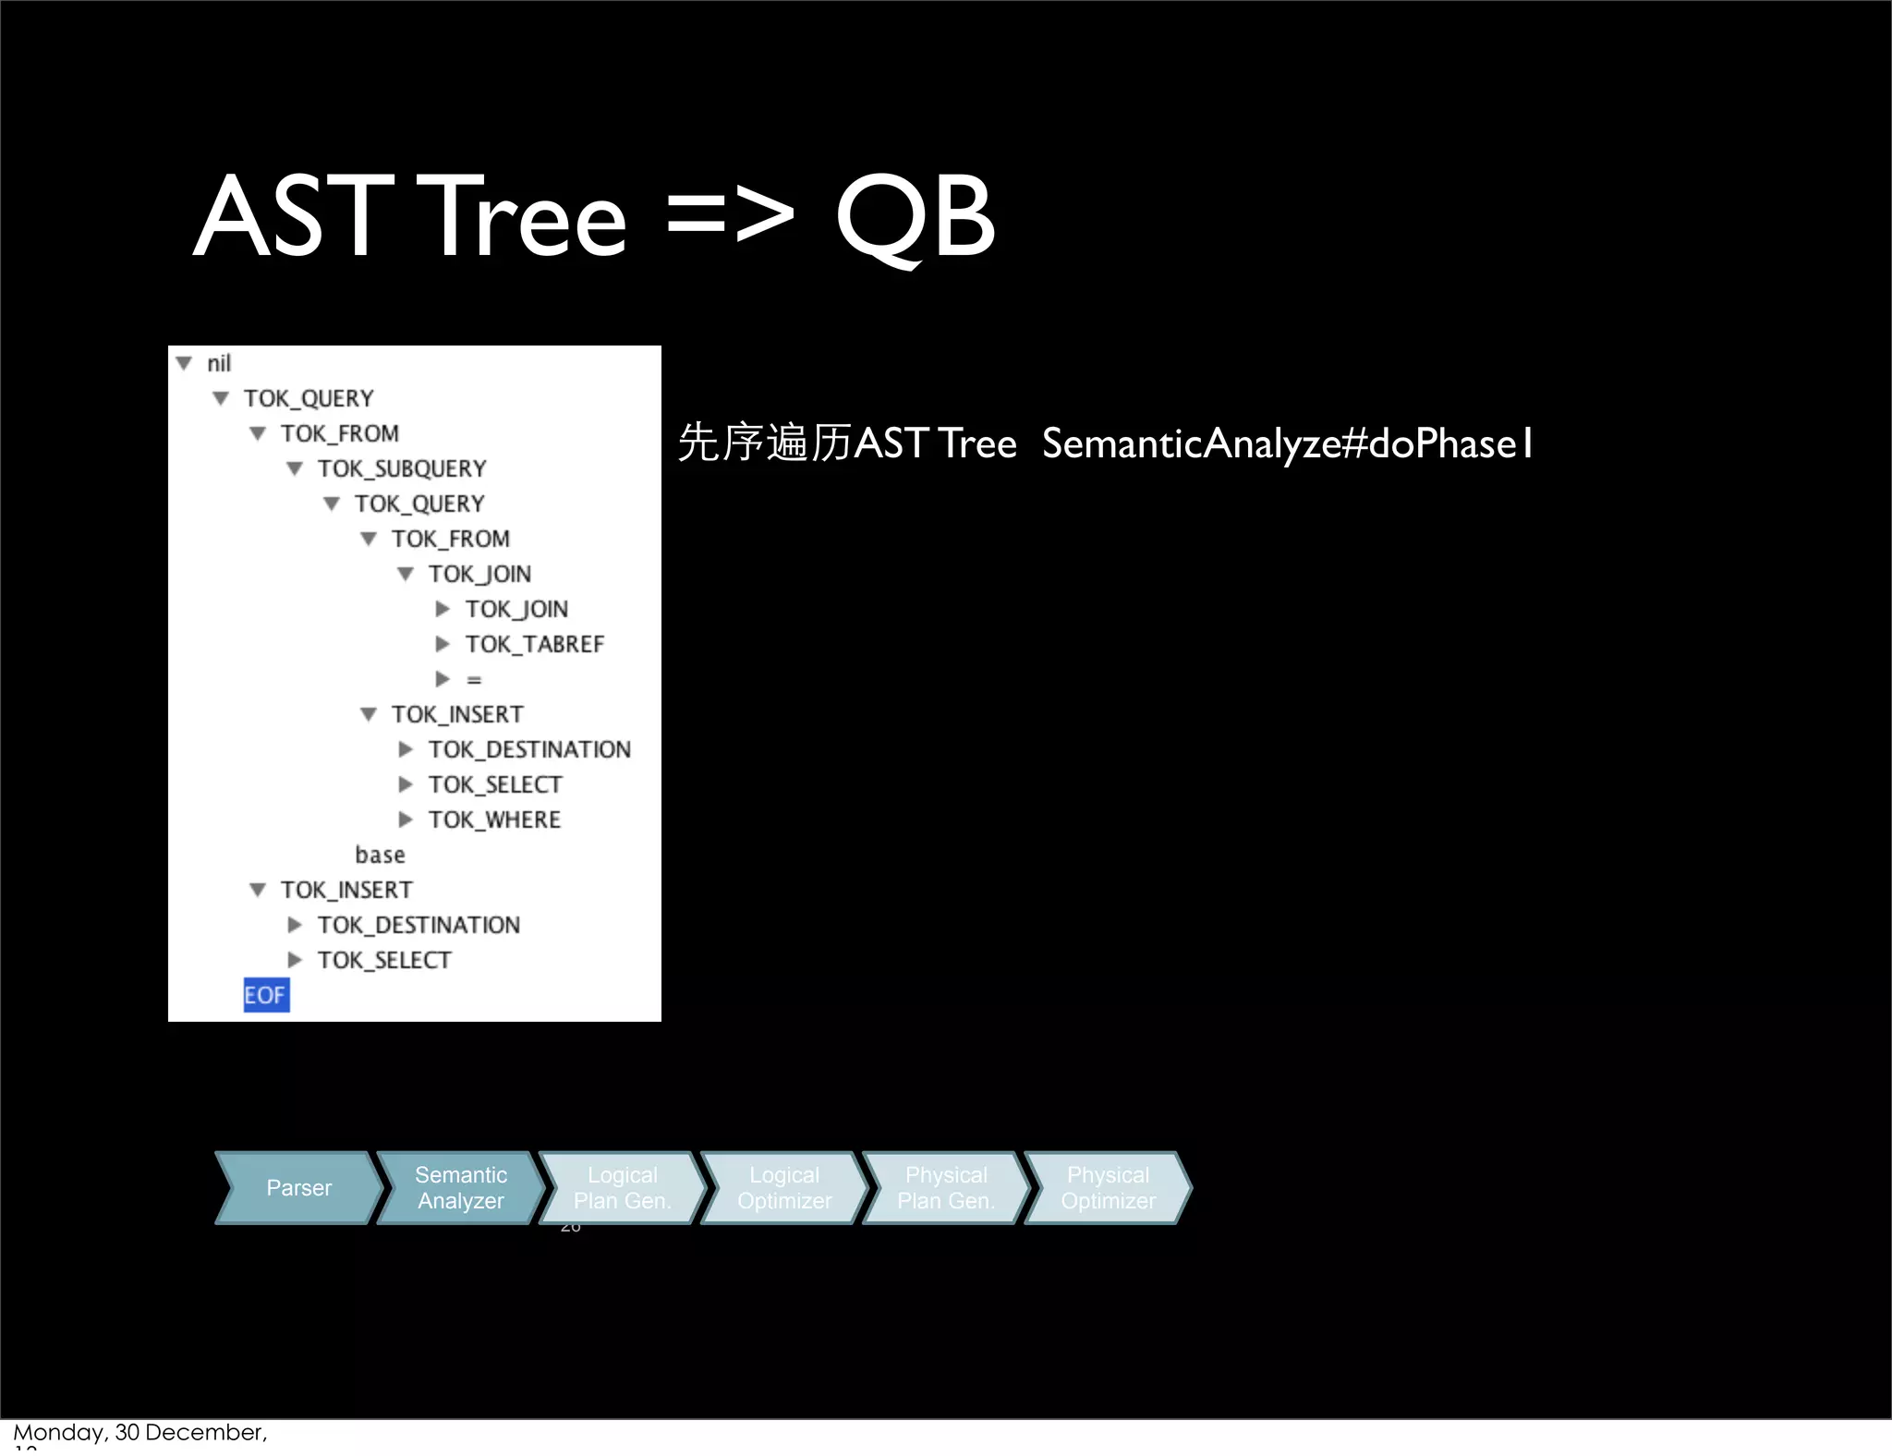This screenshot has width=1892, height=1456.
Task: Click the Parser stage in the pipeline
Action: [x=298, y=1188]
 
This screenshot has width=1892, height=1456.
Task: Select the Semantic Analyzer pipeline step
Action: [x=460, y=1188]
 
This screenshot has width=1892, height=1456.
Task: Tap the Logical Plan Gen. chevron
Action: [x=622, y=1188]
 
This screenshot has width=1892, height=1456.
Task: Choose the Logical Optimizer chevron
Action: [x=784, y=1188]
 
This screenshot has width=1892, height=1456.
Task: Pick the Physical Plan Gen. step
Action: [x=946, y=1188]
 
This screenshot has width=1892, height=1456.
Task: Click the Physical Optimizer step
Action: [x=1108, y=1188]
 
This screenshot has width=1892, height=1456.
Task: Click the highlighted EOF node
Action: [x=265, y=995]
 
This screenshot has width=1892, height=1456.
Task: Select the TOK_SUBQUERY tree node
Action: [x=402, y=468]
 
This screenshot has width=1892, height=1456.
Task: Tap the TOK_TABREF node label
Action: [x=534, y=644]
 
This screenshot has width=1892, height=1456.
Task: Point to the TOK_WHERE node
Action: [x=494, y=819]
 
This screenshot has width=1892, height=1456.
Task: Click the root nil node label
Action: [x=219, y=363]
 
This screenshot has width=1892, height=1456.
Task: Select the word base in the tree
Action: [x=380, y=855]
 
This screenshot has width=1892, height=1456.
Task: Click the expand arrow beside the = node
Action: [x=443, y=679]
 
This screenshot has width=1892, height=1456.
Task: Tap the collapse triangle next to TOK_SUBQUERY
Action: [x=295, y=468]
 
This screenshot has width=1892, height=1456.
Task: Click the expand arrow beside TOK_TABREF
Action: [x=443, y=644]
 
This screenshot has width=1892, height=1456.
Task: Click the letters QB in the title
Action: [x=915, y=218]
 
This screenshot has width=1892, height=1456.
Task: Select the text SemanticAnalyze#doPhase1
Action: [x=1287, y=443]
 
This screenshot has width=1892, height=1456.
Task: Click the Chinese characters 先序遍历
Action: [x=764, y=443]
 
